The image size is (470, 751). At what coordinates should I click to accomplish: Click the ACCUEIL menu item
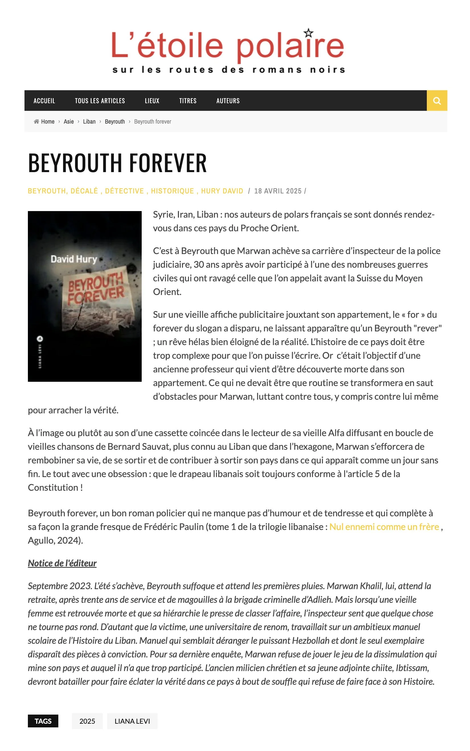[x=44, y=101]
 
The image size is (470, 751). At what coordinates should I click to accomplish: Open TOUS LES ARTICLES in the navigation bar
[x=100, y=101]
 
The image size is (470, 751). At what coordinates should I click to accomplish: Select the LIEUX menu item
[x=152, y=101]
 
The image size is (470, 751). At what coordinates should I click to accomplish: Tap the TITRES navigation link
[x=188, y=101]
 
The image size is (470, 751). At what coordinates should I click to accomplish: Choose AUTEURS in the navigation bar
[x=228, y=101]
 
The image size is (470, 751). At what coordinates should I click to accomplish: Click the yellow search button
[x=437, y=101]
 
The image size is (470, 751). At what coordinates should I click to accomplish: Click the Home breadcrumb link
[x=48, y=121]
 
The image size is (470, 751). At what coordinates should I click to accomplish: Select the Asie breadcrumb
[x=69, y=121]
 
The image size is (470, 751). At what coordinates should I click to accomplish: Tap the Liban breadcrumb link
[x=89, y=121]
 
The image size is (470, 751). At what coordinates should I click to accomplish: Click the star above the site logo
[x=308, y=33]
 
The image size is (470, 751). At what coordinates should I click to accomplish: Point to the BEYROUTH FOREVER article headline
[x=117, y=162]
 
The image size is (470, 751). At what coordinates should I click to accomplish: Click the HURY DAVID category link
[x=222, y=191]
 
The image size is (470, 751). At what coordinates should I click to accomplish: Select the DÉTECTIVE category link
[x=124, y=191]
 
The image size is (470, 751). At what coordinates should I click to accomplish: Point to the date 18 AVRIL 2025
[x=278, y=191]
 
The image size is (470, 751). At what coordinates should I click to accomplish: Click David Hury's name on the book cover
[x=74, y=259]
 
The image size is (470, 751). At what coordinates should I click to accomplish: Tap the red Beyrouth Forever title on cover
[x=96, y=288]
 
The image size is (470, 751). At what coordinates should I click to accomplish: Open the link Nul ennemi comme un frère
[x=384, y=527]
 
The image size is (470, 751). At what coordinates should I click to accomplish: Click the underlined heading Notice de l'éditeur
[x=62, y=563]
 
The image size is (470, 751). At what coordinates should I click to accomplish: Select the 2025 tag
[x=87, y=721]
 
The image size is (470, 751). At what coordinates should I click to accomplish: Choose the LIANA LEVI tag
[x=132, y=721]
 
